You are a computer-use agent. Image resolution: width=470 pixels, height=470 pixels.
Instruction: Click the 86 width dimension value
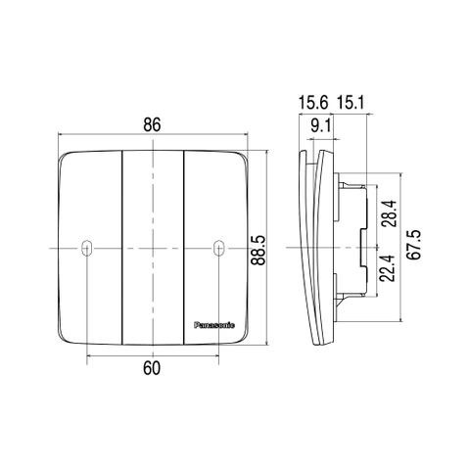tap(152, 125)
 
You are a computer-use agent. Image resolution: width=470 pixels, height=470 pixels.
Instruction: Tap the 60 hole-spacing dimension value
tap(152, 368)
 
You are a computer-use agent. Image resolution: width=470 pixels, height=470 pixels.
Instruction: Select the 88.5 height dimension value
tap(260, 250)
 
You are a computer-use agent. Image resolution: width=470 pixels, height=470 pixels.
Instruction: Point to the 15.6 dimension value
tap(313, 103)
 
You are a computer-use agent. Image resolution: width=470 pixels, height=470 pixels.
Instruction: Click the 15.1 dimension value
tap(351, 103)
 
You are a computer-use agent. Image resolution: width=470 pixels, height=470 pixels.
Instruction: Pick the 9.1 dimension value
tap(321, 126)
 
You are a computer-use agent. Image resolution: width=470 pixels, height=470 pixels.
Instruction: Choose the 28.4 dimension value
tap(390, 213)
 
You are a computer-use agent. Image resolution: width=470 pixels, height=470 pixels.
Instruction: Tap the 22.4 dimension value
tap(388, 268)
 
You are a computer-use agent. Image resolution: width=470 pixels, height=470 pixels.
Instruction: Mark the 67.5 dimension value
tap(414, 245)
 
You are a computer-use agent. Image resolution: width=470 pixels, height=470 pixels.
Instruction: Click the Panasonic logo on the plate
tap(214, 325)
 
